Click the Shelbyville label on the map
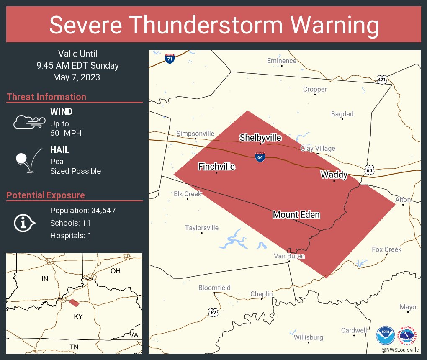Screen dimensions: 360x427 [260, 138]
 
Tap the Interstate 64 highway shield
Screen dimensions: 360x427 [260, 157]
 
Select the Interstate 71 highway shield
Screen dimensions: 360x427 [170, 59]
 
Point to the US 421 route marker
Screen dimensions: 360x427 [381, 80]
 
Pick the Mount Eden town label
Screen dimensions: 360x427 [296, 215]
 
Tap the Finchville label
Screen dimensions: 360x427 [216, 167]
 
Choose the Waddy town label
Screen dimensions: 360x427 [334, 175]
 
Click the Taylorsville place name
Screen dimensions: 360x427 [202, 228]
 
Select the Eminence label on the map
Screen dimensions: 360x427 [281, 61]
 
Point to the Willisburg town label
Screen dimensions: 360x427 [308, 337]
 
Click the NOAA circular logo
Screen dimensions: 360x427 [385, 335]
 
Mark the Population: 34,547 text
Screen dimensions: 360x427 [83, 210]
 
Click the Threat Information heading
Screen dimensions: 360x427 [46, 97]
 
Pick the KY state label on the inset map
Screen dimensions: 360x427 [78, 316]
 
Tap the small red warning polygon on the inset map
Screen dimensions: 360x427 [74, 303]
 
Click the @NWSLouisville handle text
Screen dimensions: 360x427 [400, 350]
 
